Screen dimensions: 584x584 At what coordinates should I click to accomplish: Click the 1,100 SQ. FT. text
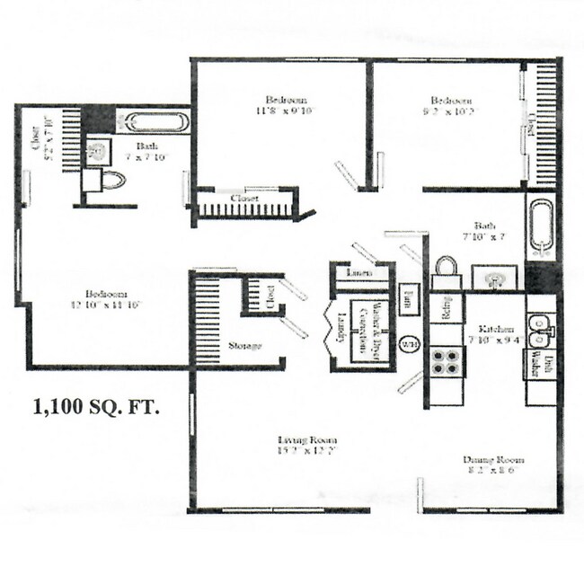97,407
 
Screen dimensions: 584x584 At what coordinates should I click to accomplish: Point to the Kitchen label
495,329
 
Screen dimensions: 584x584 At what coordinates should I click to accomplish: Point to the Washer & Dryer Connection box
365,331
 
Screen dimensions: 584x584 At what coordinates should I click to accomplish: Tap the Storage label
243,346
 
